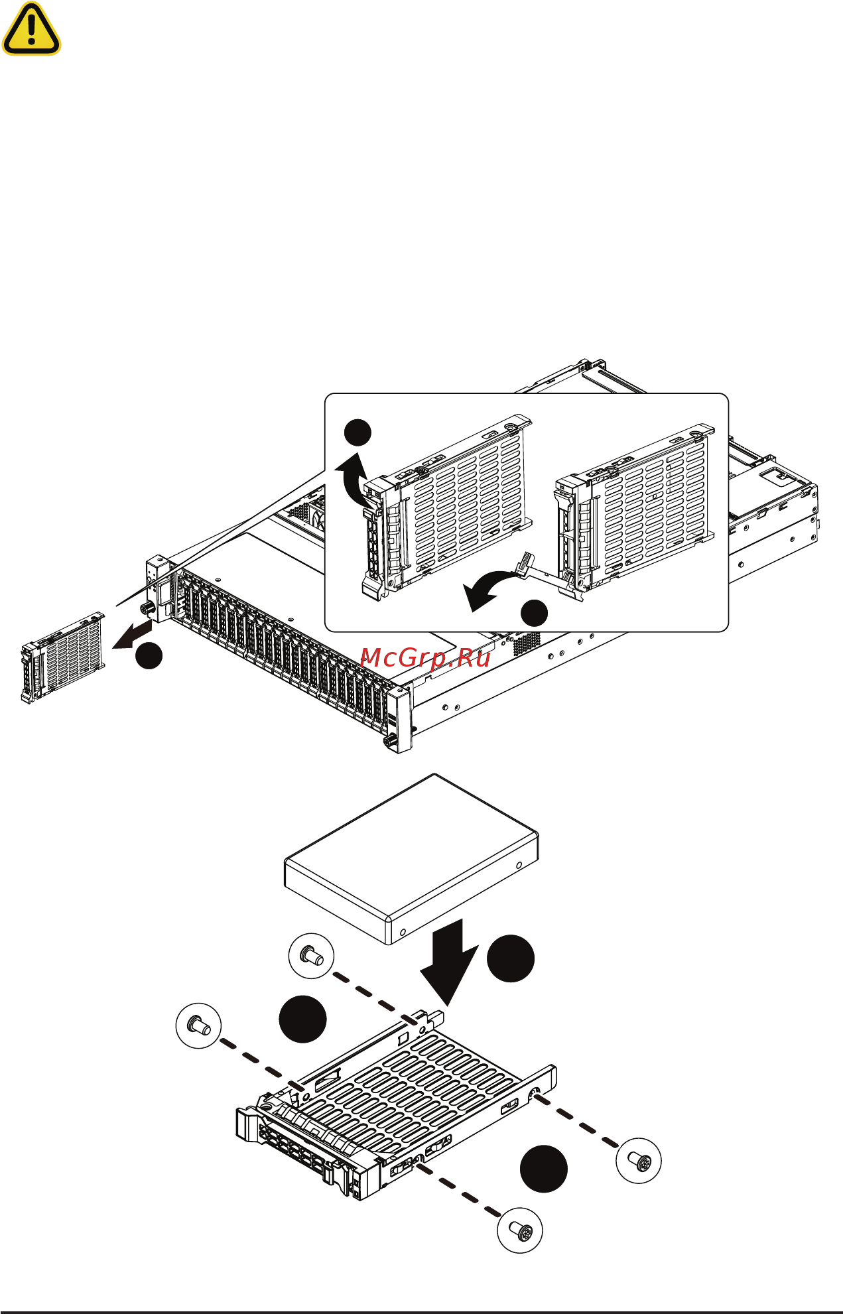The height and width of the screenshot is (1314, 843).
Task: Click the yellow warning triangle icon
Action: [31, 30]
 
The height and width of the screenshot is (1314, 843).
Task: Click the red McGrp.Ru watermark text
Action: [425, 657]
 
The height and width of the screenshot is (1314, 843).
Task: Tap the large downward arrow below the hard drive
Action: [448, 962]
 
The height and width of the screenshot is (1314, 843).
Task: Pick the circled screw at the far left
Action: [198, 1026]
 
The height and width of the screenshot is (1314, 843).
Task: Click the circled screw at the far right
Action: [638, 1161]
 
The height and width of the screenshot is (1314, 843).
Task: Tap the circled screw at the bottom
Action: [520, 1230]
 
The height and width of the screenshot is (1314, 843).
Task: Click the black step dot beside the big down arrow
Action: [511, 958]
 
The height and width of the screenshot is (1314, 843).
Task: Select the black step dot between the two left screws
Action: [302, 1019]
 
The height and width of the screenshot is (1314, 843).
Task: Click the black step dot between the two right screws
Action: [543, 1169]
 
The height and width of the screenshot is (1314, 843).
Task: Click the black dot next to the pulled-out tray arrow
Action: [149, 656]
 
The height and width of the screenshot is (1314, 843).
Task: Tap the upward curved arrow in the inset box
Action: [354, 478]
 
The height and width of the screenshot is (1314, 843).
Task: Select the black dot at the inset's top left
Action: [357, 432]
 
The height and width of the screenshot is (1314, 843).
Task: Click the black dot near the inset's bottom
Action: [535, 613]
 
